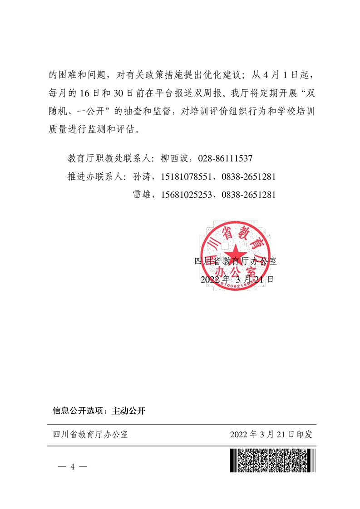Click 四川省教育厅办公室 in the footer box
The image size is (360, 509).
(x=91, y=435)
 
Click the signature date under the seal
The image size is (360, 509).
(x=237, y=279)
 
